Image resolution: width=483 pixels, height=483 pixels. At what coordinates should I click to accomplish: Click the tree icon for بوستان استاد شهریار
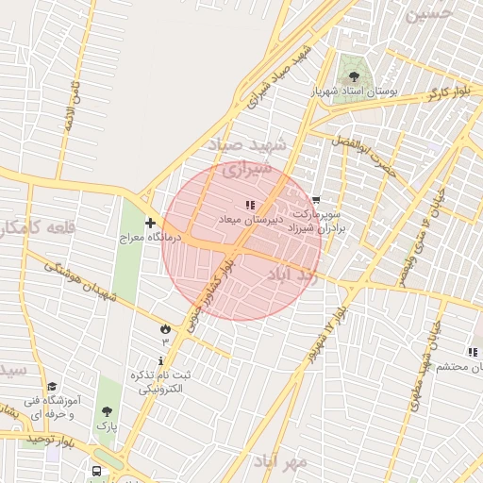pos(354,77)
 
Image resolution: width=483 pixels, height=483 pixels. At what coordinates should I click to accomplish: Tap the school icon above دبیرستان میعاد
pos(250,205)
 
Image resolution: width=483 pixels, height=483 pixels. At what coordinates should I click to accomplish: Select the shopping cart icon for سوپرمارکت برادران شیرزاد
pos(316,200)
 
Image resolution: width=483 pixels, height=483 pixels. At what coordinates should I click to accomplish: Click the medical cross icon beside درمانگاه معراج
pos(150,223)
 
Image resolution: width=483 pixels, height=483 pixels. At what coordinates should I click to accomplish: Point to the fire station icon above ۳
pos(165,328)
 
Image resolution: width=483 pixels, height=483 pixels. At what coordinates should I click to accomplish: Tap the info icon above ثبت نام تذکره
pos(163,360)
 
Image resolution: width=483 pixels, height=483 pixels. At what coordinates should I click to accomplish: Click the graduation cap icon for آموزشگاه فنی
pos(52,387)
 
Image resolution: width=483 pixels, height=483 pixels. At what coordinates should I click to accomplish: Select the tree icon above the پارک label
pos(108,412)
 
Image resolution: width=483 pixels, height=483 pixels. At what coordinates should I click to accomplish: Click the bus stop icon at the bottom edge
pos(97,471)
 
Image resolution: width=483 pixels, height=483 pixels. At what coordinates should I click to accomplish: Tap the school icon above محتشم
pos(472,352)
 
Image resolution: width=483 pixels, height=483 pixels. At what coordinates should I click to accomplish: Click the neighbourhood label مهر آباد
pos(280,461)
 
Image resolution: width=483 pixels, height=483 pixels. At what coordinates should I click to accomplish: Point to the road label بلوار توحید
pos(49,440)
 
